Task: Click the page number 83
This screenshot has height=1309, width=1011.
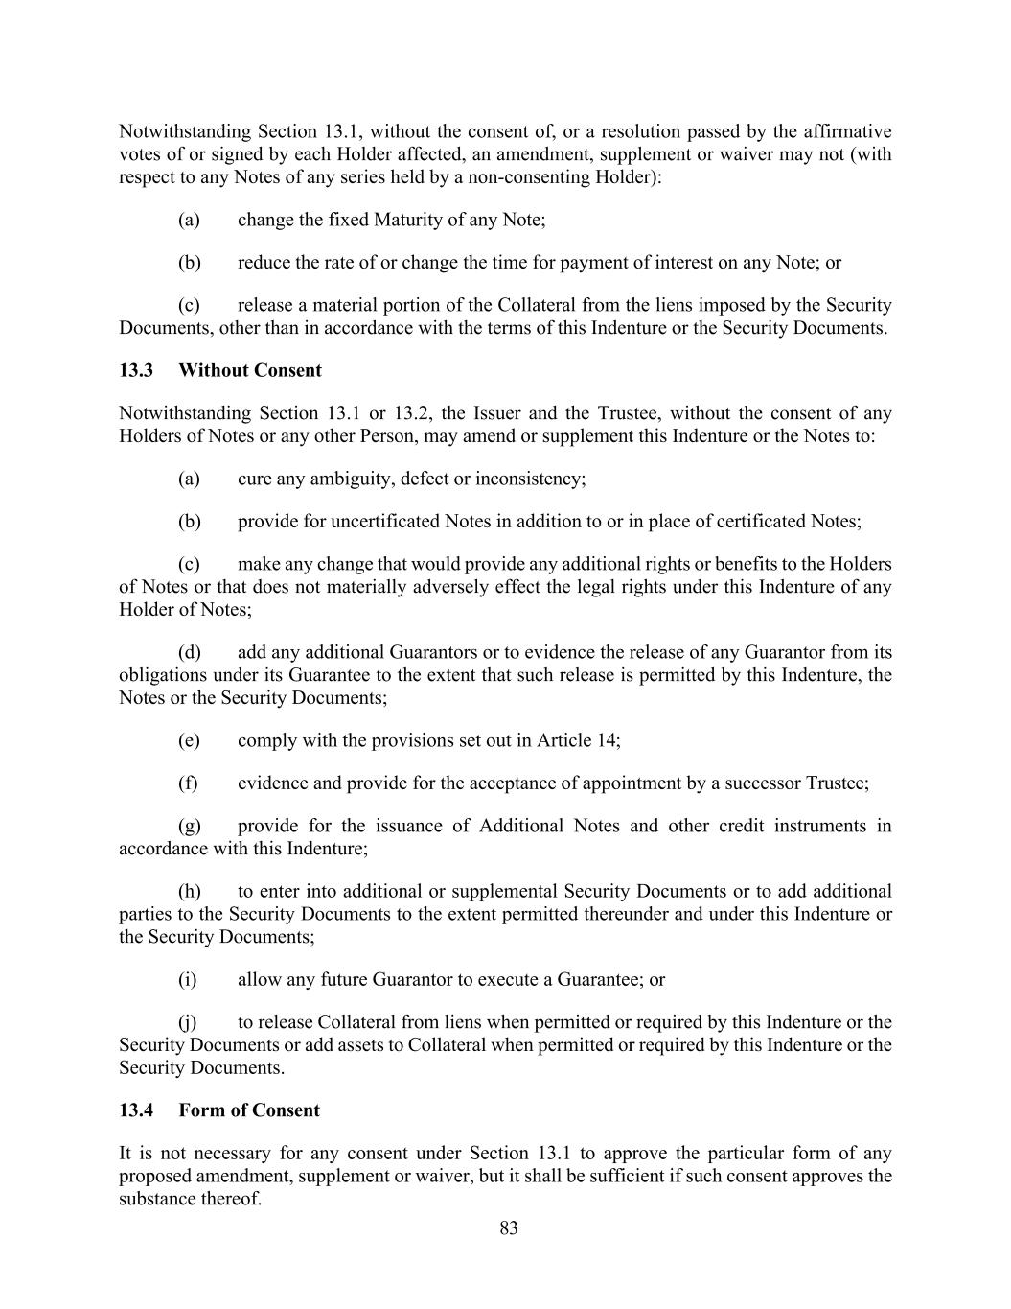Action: [x=508, y=1228]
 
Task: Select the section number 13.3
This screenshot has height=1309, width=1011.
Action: [x=136, y=370]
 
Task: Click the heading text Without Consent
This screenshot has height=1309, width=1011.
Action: [x=250, y=370]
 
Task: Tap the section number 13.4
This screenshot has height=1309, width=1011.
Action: [x=136, y=1110]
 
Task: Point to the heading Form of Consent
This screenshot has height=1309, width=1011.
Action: [x=249, y=1110]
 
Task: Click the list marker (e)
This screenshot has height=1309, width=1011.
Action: [x=189, y=740]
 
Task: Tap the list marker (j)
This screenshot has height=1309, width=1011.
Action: [x=188, y=1022]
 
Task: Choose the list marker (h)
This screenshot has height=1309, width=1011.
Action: [x=189, y=892]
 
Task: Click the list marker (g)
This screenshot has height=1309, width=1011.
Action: [x=189, y=827]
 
